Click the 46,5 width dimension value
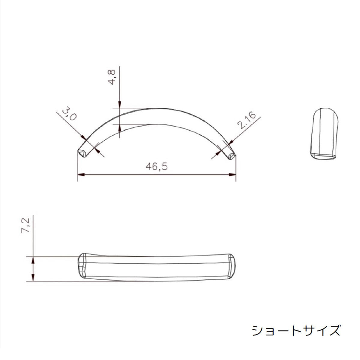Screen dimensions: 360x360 (x=157, y=166)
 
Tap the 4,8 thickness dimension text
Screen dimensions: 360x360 (x=112, y=77)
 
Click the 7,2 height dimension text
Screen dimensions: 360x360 (x=25, y=225)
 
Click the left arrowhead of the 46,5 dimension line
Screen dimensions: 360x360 (x=81, y=175)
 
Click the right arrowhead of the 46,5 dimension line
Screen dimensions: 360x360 (x=232, y=175)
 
